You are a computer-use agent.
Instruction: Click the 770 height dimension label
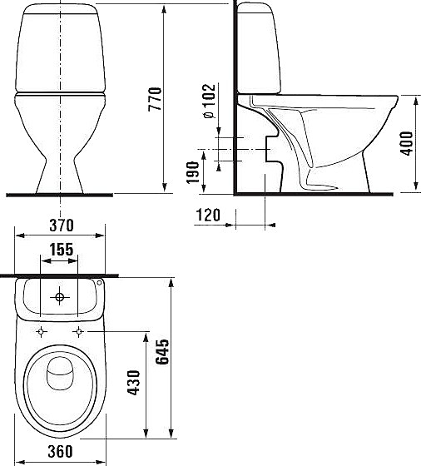point(155,99)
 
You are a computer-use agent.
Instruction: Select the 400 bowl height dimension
point(407,143)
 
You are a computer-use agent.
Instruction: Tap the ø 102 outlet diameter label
point(209,102)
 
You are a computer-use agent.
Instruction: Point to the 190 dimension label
point(192,172)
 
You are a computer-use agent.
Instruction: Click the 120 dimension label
point(208,215)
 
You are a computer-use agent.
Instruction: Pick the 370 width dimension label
point(62,226)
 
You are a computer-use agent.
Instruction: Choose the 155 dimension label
point(62,250)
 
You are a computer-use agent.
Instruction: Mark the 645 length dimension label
point(162,351)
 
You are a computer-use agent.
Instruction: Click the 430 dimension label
point(133,383)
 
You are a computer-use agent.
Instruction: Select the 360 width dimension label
point(60,451)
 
